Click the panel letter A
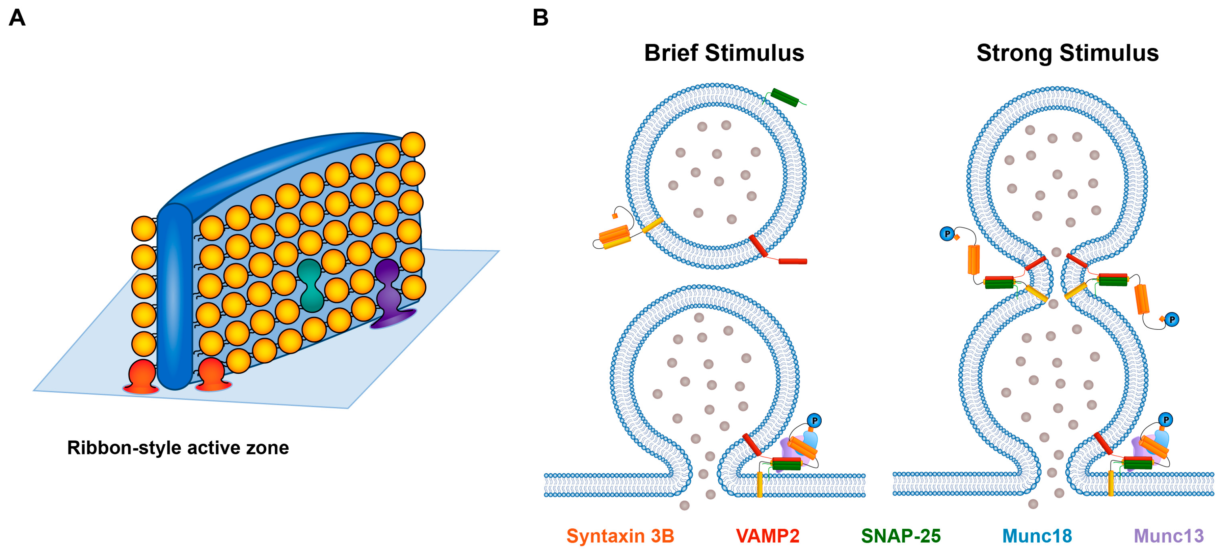coord(17,18)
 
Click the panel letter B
coord(540,18)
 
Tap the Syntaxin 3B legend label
coord(620,536)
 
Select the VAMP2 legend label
coord(767,536)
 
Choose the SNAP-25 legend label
coord(900,536)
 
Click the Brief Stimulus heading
coord(724,53)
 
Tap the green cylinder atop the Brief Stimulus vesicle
coord(784,98)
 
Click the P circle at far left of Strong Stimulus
coord(947,233)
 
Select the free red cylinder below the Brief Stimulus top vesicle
coord(793,261)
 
